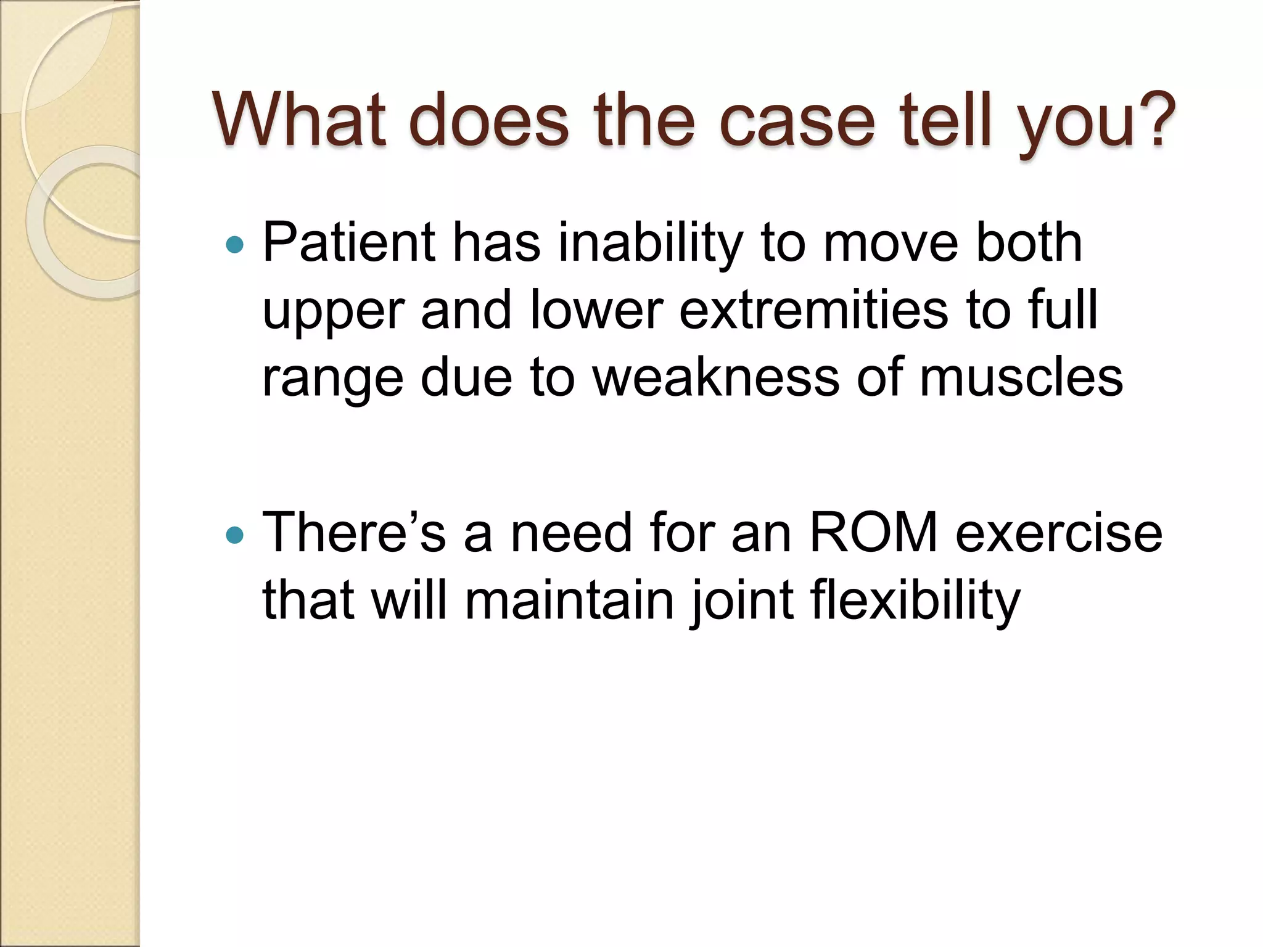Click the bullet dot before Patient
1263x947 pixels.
point(235,245)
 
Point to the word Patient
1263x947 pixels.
point(349,243)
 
